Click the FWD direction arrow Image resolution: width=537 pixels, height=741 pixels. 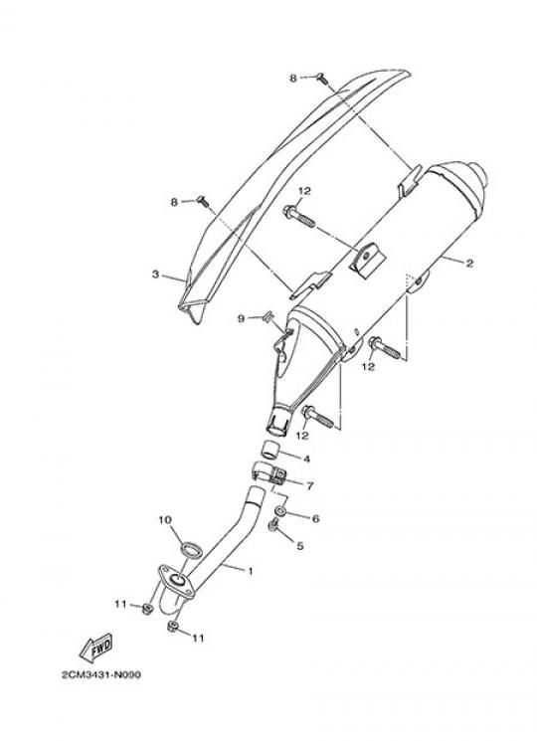[x=96, y=648]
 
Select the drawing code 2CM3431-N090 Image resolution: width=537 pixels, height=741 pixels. [x=101, y=674]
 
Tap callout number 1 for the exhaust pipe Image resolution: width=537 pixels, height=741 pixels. [x=251, y=571]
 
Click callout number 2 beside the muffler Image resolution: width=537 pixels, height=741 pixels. [x=469, y=264]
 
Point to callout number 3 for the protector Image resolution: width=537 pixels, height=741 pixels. [x=155, y=275]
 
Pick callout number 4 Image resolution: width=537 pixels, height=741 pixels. [x=306, y=459]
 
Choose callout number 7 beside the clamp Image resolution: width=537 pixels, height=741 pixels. [x=310, y=485]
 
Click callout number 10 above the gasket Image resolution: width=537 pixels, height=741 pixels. [x=165, y=520]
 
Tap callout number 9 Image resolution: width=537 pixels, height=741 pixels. [x=242, y=319]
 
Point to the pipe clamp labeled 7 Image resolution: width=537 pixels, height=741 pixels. [x=269, y=473]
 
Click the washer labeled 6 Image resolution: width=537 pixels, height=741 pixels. [x=280, y=511]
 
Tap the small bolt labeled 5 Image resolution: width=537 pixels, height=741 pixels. [x=273, y=524]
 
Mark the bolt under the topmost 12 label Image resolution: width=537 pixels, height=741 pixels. [x=299, y=217]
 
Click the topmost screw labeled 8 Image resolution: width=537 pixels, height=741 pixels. [x=322, y=79]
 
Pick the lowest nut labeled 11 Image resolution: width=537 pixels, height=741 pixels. [x=172, y=627]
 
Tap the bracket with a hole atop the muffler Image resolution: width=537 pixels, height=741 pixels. [x=367, y=259]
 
